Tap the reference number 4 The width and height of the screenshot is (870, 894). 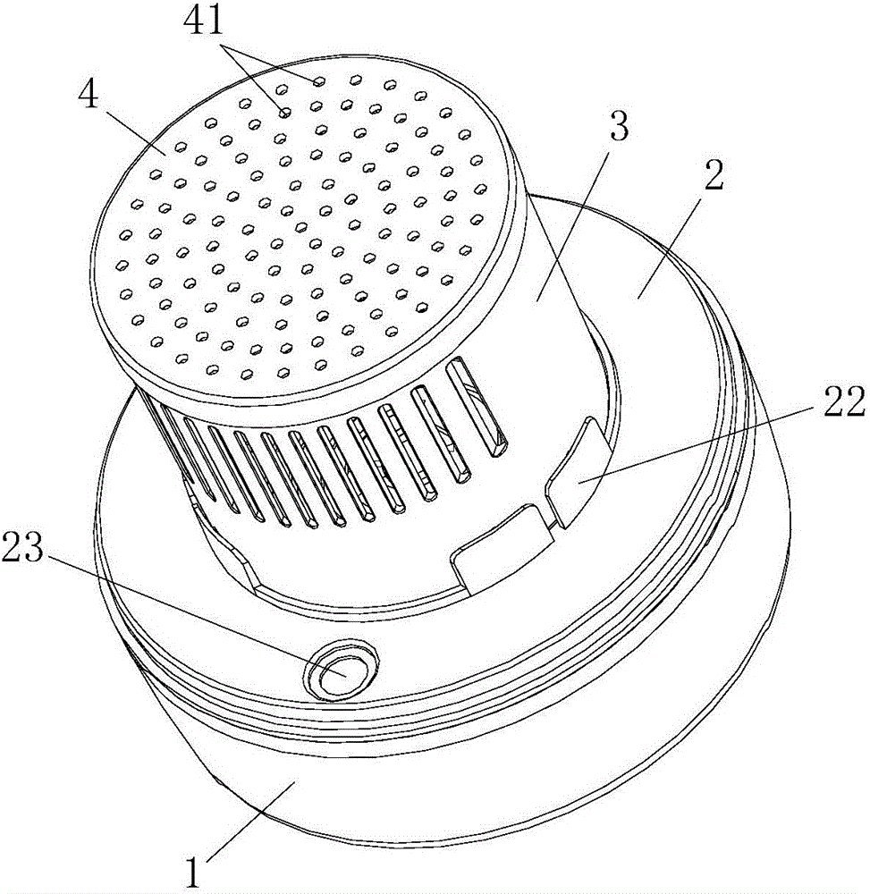tap(89, 96)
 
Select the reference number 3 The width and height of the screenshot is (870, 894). tap(619, 127)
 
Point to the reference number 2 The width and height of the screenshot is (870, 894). tap(714, 175)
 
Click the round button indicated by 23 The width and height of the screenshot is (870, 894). tap(341, 669)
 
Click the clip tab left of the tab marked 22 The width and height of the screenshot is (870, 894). tap(504, 546)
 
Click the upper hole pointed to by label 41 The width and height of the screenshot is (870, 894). tap(319, 81)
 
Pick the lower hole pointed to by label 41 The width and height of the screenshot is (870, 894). tap(284, 113)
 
